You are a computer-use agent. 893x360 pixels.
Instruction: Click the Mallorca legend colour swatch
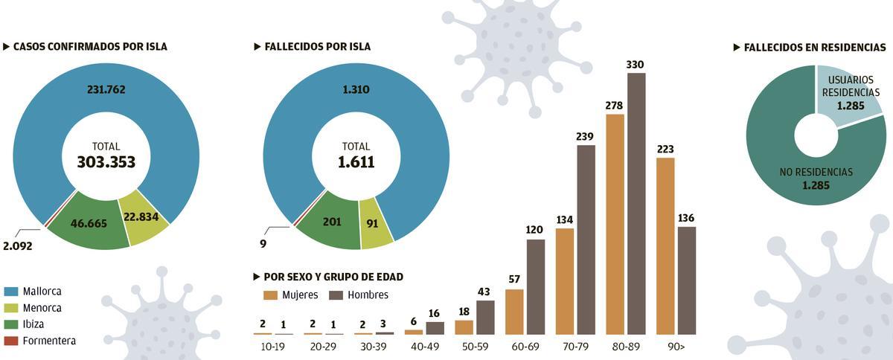11,292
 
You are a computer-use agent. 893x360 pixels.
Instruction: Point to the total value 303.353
106,162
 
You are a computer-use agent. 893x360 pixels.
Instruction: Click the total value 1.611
356,162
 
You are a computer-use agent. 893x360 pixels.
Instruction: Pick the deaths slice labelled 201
331,222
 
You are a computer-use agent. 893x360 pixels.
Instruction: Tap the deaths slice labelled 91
375,222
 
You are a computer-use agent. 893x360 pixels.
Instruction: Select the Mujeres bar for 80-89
615,224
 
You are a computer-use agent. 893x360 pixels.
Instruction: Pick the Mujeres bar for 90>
665,245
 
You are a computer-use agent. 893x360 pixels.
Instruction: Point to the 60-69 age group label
525,346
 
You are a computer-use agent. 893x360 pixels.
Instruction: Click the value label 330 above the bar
636,65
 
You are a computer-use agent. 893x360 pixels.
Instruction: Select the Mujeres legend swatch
271,295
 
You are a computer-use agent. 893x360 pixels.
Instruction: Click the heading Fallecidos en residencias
814,47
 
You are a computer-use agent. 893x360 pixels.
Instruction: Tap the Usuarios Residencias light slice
846,93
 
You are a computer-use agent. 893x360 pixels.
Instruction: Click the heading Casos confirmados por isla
90,47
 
